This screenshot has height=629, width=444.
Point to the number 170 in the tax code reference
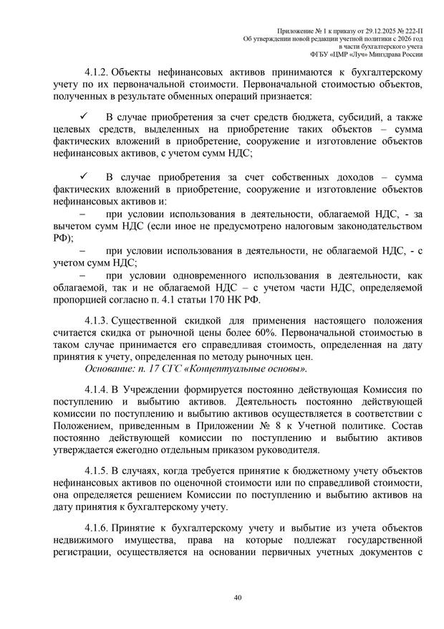pyautogui.click(x=219, y=299)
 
